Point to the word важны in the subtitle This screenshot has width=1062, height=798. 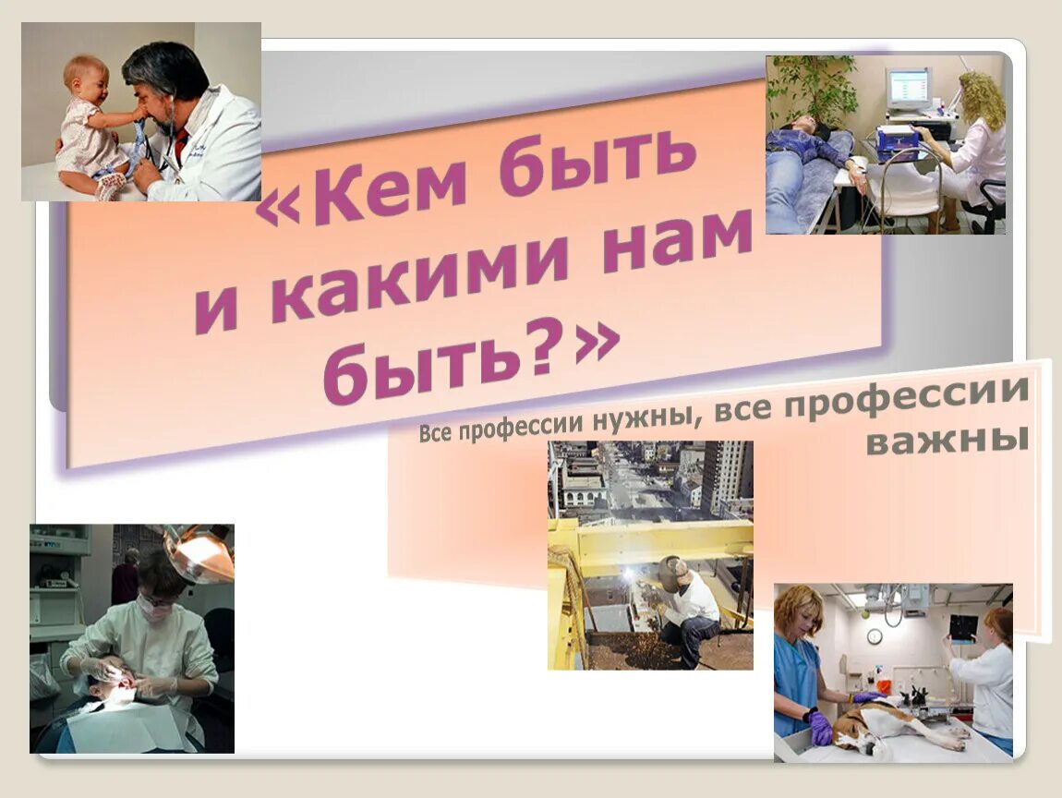(x=947, y=441)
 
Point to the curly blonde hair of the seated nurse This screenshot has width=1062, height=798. (x=981, y=98)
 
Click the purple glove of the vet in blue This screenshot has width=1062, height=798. (x=819, y=727)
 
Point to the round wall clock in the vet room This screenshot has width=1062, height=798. (x=874, y=636)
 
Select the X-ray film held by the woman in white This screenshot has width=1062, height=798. (x=962, y=629)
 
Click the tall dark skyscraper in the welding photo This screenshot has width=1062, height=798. (x=725, y=476)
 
